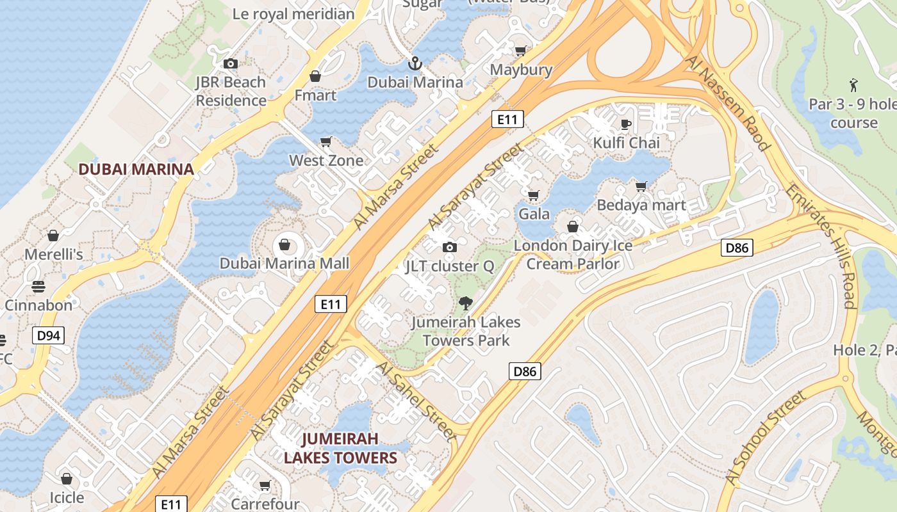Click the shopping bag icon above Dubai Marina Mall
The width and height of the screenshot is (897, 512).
284,244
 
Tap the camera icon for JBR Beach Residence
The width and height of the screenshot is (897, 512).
231,63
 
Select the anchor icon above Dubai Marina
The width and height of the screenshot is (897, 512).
415,63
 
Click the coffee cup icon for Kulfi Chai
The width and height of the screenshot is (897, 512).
626,124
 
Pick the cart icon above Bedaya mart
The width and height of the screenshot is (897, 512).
641,186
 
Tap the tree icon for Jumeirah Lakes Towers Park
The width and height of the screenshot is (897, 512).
466,303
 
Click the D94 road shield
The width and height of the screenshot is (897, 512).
49,334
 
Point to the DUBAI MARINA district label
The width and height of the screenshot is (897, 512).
136,169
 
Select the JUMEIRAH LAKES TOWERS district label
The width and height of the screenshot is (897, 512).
340,448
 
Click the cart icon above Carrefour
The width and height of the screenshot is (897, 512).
265,486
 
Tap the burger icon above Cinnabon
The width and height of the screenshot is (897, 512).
38,286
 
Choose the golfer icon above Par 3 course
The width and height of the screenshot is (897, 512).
853,85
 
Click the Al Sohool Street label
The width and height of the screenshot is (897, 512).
765,438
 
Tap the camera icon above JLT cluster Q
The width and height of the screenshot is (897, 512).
450,247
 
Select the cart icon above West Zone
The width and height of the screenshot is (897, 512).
326,141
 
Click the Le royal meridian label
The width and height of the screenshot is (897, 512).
293,13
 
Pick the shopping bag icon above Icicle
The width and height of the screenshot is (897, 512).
67,479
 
